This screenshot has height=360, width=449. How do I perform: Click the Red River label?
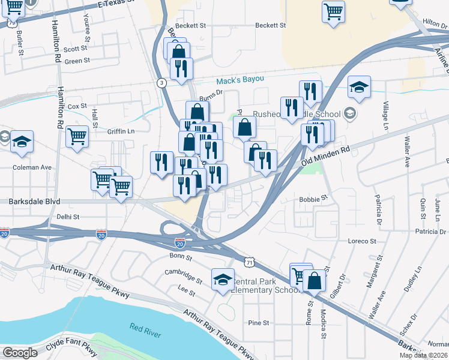click(x=145, y=327)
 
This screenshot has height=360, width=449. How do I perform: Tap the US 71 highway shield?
click(x=250, y=262)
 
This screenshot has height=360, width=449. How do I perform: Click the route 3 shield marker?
click(x=161, y=83)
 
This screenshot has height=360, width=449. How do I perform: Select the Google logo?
click(x=20, y=353)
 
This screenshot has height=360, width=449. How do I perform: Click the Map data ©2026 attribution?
click(x=424, y=355)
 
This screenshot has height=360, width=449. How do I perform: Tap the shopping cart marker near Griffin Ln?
click(x=77, y=137)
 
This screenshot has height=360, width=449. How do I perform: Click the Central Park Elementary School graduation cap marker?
click(x=223, y=279)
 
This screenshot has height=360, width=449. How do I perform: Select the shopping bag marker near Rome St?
click(x=314, y=280)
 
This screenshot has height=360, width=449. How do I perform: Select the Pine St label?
click(x=258, y=323)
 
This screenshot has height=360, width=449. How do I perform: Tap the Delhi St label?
click(x=68, y=217)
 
